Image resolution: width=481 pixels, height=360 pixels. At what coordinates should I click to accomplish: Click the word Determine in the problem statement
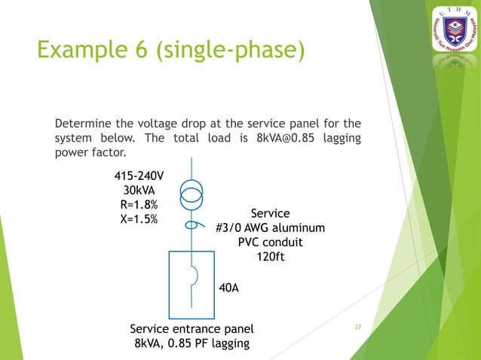[86, 123]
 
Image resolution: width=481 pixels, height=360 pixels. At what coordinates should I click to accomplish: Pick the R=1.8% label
[138, 206]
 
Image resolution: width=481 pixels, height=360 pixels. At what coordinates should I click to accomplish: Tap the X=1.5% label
[138, 220]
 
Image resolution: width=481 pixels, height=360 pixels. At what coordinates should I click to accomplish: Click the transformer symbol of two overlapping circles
[191, 197]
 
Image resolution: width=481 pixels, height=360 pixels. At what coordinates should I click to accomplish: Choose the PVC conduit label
[270, 243]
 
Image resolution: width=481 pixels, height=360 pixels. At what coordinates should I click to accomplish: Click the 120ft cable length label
[270, 257]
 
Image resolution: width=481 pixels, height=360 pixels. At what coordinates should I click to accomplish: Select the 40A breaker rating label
[229, 287]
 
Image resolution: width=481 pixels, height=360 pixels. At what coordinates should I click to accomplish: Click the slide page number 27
[358, 327]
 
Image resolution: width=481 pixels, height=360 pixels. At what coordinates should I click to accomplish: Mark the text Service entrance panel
[191, 329]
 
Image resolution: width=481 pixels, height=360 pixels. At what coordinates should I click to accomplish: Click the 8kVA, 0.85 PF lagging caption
[191, 344]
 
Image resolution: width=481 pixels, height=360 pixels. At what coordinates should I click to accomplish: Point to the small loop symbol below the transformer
[192, 224]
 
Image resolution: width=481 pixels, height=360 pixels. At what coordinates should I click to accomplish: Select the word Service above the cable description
[270, 213]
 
